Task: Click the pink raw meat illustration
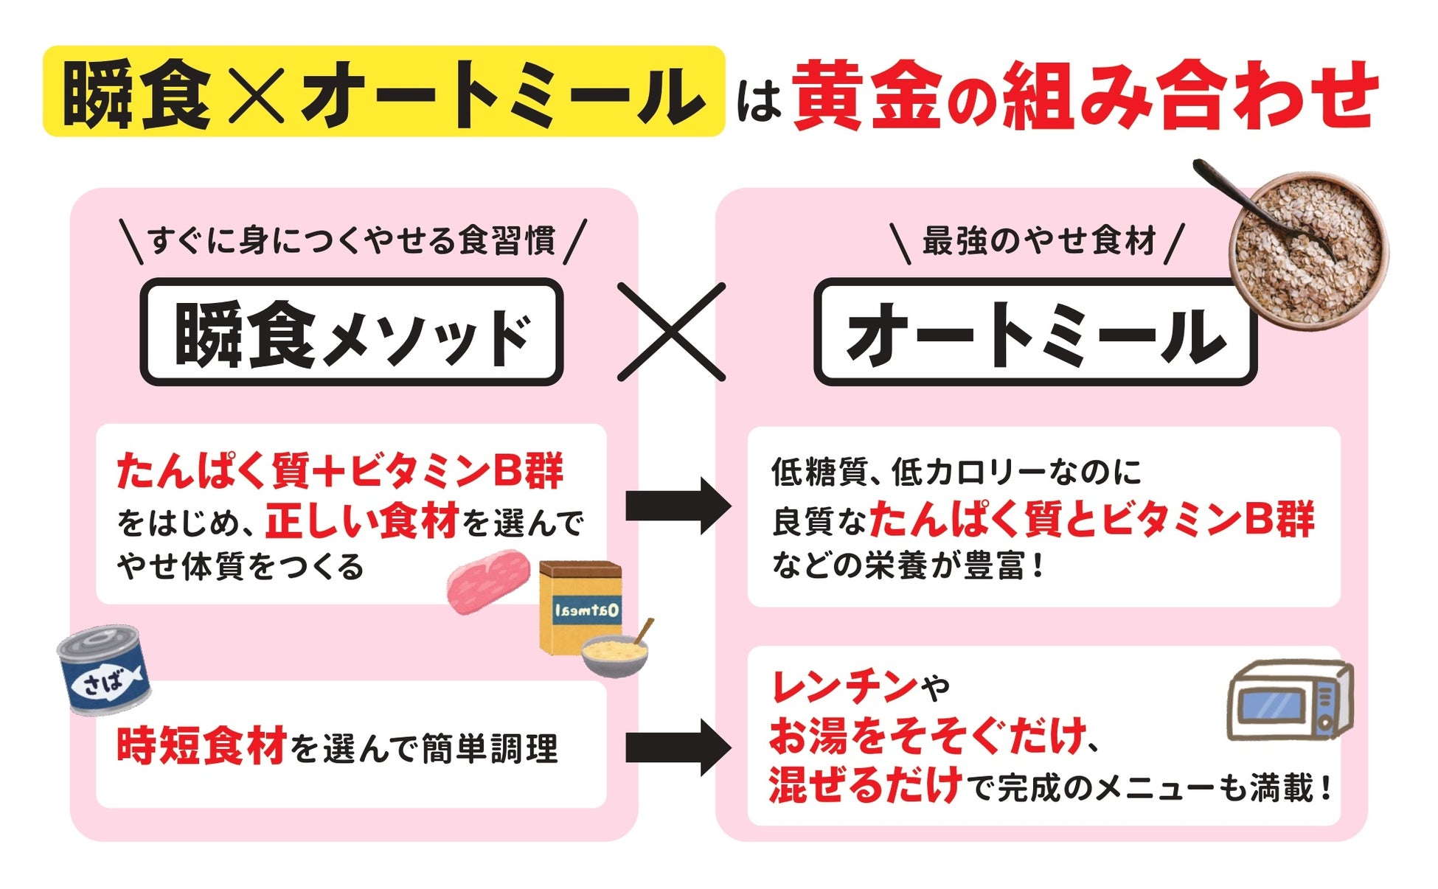tap(489, 581)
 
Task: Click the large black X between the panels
tap(671, 332)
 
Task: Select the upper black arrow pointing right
tap(678, 506)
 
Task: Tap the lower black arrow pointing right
tap(678, 748)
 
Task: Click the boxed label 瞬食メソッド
tap(352, 332)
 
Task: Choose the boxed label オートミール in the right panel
tap(1035, 332)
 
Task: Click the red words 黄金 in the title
tap(867, 95)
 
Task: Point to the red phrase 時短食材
tap(201, 746)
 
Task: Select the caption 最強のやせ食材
tap(1038, 241)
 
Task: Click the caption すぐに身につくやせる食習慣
tap(352, 240)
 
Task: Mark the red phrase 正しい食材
tap(362, 520)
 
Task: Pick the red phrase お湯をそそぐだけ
tap(928, 736)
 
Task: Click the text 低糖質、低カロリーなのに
tap(956, 472)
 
